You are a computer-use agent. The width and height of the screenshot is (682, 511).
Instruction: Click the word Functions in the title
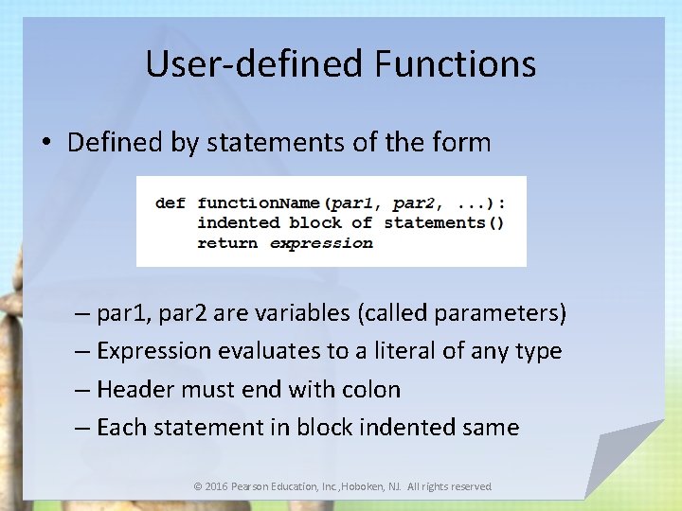(456, 64)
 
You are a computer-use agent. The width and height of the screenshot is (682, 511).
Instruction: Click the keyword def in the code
(170, 203)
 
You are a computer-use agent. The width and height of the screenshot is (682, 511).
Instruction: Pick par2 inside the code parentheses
(413, 203)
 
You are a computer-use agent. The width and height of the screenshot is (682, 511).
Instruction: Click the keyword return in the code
(227, 243)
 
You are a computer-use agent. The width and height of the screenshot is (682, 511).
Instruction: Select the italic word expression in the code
(321, 243)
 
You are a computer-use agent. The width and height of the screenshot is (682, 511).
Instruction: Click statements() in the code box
(443, 223)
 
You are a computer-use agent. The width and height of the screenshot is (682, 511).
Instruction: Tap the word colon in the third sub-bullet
(371, 389)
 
